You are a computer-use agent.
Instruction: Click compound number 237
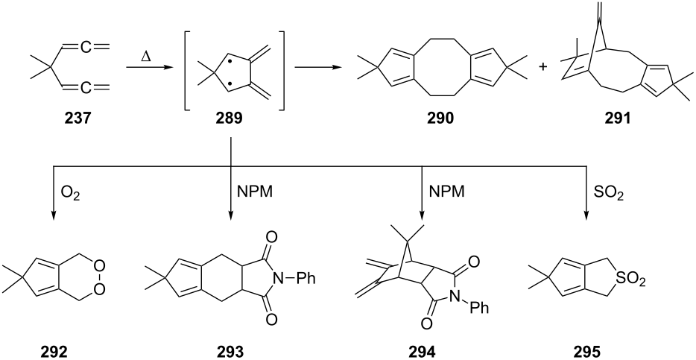click(77, 119)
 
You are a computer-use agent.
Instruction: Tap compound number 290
click(440, 119)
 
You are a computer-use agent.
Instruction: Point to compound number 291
click(617, 119)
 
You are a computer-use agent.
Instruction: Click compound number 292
click(54, 352)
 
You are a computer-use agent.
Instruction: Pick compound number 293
click(230, 352)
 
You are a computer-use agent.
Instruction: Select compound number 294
click(422, 352)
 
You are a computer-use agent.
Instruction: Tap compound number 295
click(586, 352)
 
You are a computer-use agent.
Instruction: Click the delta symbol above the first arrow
click(145, 57)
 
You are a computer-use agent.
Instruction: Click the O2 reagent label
click(70, 193)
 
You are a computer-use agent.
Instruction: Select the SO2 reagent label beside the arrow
click(609, 193)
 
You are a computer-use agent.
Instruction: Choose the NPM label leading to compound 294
click(447, 192)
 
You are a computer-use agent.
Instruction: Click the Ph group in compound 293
click(306, 280)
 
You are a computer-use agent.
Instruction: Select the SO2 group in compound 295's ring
click(629, 280)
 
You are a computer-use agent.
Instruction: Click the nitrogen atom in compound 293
click(278, 280)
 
